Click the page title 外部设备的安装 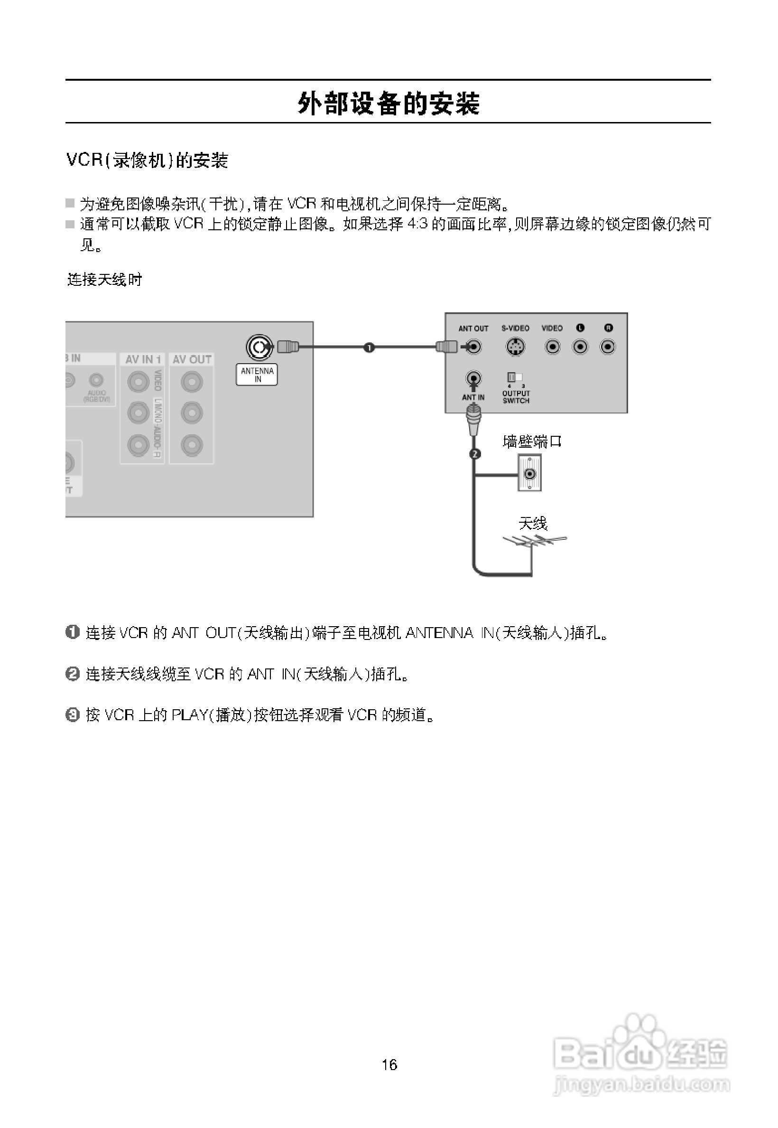[x=389, y=103]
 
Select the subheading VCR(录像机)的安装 [x=147, y=160]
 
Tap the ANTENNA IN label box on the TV [x=257, y=375]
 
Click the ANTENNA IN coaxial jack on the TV [x=259, y=347]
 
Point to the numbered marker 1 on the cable [x=369, y=348]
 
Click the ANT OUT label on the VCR [x=473, y=329]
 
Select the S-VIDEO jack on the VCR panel [x=515, y=347]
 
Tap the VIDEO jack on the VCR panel [x=552, y=347]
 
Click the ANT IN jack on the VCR [x=473, y=378]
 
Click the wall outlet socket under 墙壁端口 [x=530, y=473]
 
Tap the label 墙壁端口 [x=532, y=442]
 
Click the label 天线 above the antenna [x=533, y=524]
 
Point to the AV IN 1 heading [x=143, y=359]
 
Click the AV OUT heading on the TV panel [x=192, y=359]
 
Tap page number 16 [x=389, y=1064]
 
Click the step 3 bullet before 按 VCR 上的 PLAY [x=72, y=715]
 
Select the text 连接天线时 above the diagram [x=104, y=280]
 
